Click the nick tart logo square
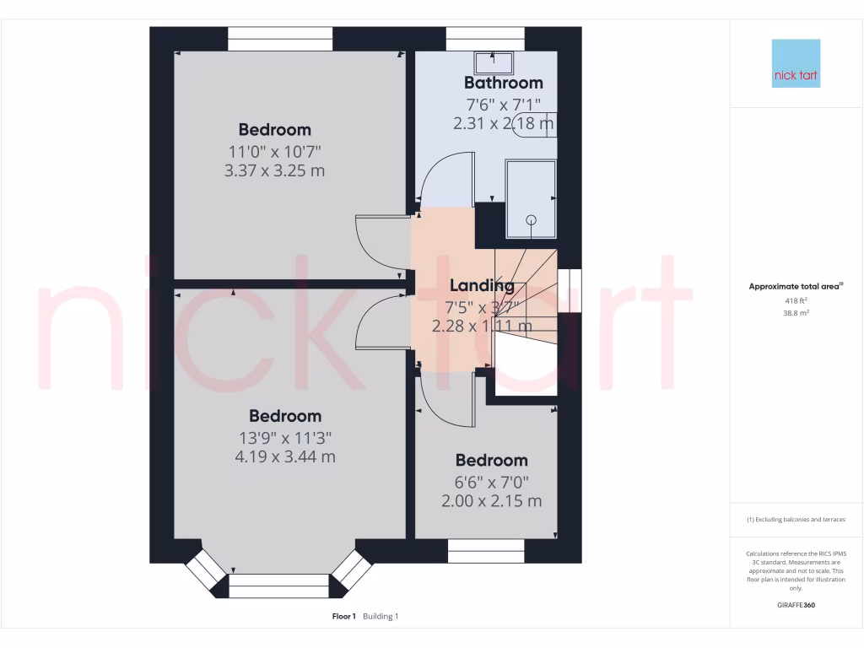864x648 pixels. click(796, 63)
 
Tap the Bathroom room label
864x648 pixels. click(503, 83)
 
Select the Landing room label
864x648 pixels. click(481, 286)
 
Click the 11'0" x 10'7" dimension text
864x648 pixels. click(275, 151)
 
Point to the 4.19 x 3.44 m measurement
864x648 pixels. click(285, 456)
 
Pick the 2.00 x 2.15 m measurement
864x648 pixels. click(491, 500)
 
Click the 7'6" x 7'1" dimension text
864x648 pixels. click(503, 105)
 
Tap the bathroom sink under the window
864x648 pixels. click(493, 61)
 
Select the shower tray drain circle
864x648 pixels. click(532, 219)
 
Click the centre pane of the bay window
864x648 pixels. click(278, 586)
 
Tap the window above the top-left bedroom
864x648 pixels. click(280, 39)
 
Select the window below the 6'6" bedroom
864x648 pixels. click(486, 551)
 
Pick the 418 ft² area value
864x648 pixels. click(796, 300)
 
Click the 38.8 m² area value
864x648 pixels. click(796, 312)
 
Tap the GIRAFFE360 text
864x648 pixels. click(796, 605)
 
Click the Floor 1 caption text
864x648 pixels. click(344, 617)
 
